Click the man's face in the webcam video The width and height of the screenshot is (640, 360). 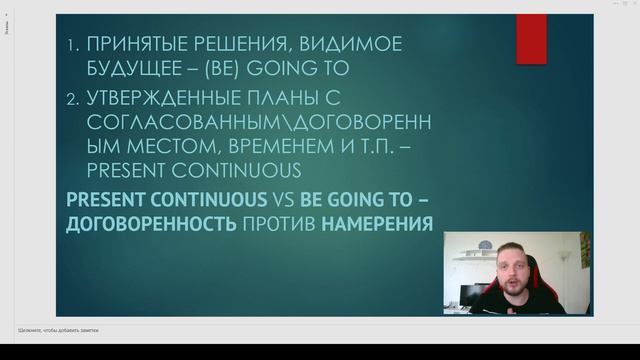coord(522,264)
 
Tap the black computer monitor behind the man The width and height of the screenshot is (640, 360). coord(466,296)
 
